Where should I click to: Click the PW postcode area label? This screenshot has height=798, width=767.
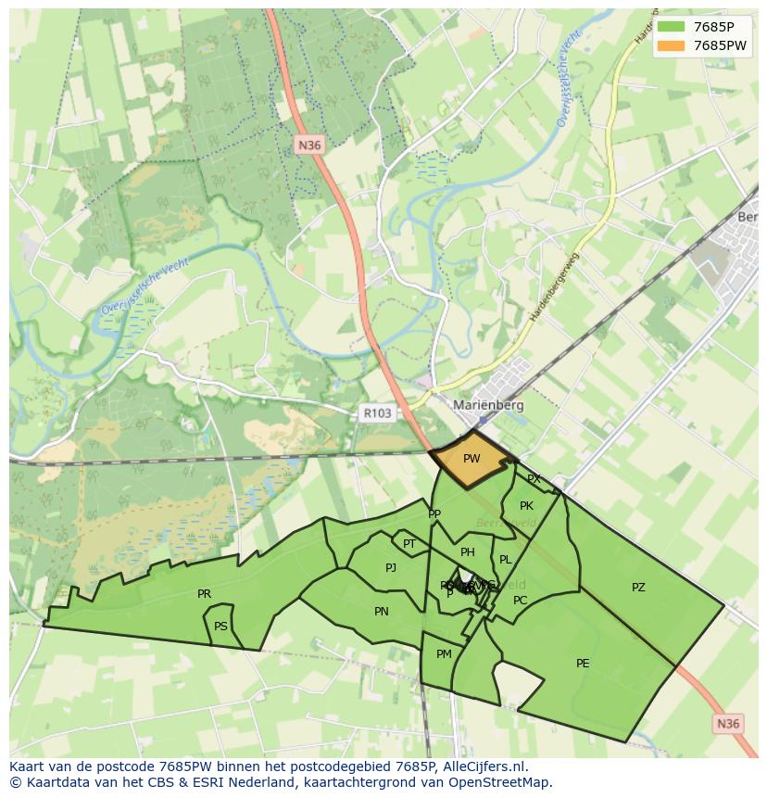coord(472,459)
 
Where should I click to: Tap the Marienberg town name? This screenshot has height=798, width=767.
coord(488,405)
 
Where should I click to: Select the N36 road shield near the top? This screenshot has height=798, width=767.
coord(308,145)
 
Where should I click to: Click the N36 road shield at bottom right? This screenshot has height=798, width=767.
coord(729,723)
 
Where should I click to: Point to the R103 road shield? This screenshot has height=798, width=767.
coord(375,413)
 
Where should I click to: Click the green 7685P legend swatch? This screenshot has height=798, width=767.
coord(672,27)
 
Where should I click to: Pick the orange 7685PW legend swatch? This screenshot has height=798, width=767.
coord(672,45)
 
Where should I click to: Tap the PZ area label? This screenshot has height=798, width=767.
coord(638,588)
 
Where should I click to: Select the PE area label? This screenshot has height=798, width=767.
coord(583,663)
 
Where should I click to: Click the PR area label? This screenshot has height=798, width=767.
coord(204,594)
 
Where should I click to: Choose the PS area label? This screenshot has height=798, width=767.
coord(220,627)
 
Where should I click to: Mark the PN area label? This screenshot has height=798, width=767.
coord(382,612)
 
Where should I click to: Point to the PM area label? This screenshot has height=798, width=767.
coord(444,654)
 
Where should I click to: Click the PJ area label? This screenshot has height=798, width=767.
coord(391,568)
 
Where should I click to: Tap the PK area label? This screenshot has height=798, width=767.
coord(526,506)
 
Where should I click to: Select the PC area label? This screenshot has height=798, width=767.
coord(521,601)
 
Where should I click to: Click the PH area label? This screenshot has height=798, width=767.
coord(468,552)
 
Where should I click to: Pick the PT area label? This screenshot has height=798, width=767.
coord(409,544)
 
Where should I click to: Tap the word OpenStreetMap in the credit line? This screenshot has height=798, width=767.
coord(502,782)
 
